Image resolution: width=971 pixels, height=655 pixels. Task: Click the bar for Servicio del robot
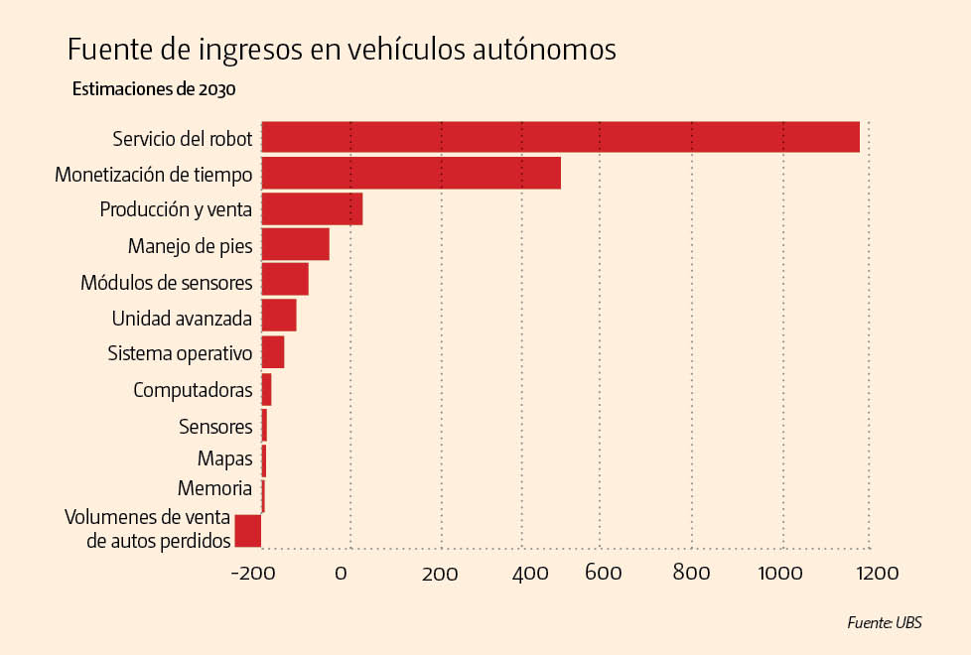click(x=560, y=137)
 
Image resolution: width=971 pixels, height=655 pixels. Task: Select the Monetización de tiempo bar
click(x=411, y=173)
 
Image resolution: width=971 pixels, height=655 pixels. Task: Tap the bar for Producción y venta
click(x=312, y=209)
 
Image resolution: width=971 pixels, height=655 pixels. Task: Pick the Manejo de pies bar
click(x=295, y=244)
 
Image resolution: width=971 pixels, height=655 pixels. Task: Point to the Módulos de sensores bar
click(x=285, y=280)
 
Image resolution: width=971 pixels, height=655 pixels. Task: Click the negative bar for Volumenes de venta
click(x=248, y=531)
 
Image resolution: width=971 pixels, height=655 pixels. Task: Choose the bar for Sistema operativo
click(x=273, y=352)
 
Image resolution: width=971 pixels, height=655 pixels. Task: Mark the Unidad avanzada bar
click(x=279, y=316)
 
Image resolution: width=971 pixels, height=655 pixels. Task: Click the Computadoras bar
click(x=266, y=389)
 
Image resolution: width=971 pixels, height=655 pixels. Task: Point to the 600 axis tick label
click(x=603, y=574)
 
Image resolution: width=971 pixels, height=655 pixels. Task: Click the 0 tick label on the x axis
click(x=341, y=574)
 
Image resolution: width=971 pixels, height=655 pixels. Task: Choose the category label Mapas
click(x=224, y=458)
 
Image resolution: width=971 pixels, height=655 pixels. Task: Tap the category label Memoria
click(x=214, y=488)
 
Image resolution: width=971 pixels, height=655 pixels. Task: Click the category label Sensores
click(x=215, y=427)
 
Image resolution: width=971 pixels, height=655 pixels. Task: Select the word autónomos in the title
click(x=547, y=50)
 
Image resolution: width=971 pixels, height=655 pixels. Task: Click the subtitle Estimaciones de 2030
click(x=154, y=89)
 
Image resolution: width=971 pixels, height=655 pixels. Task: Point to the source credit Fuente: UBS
click(x=884, y=623)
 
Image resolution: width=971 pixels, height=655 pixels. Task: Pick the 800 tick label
click(x=691, y=574)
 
